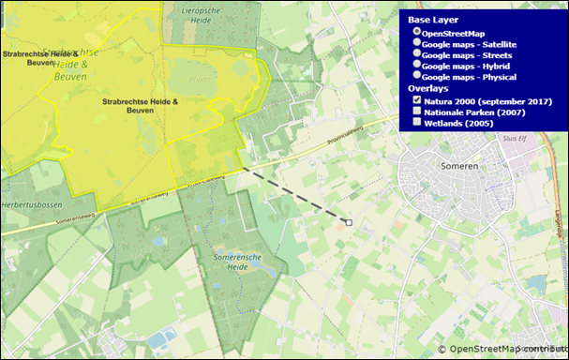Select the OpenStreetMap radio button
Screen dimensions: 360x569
click(x=417, y=32)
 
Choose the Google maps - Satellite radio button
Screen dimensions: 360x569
click(x=417, y=44)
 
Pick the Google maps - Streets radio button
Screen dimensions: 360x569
click(x=417, y=55)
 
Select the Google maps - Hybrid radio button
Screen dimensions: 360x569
click(x=417, y=67)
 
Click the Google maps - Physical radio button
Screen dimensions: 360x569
click(x=417, y=78)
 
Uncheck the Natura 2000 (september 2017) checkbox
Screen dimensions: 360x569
click(x=417, y=100)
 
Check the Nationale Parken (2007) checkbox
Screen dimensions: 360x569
click(x=417, y=112)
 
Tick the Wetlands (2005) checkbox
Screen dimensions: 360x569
click(x=417, y=123)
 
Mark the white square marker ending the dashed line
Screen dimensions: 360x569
click(x=348, y=222)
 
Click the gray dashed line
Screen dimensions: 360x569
click(x=295, y=195)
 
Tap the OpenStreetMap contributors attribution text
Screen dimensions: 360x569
click(x=506, y=350)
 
